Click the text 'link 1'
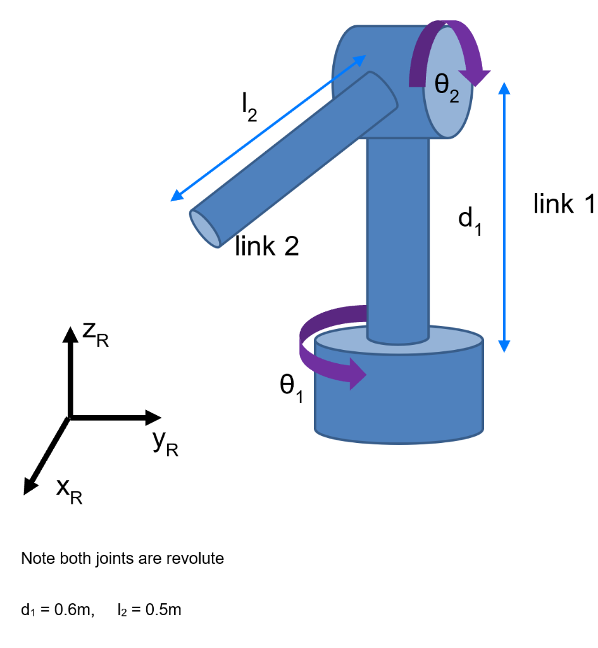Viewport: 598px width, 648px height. [x=564, y=204]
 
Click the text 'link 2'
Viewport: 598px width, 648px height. [x=266, y=246]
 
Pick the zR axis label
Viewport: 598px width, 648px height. [x=96, y=335]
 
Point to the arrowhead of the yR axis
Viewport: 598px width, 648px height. [x=154, y=417]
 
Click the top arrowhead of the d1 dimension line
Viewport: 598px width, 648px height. [x=504, y=88]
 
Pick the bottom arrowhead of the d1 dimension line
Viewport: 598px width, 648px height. [x=504, y=345]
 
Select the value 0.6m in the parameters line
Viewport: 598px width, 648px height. [x=74, y=610]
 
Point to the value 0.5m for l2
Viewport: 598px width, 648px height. [x=163, y=610]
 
